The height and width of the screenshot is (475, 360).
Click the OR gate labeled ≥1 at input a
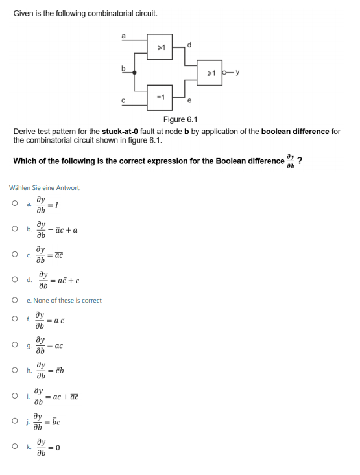click(x=162, y=47)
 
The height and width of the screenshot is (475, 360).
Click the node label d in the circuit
click(x=189, y=44)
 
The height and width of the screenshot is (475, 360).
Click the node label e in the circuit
click(x=189, y=100)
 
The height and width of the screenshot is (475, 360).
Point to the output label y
click(x=239, y=71)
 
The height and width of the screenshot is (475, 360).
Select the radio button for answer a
click(x=14, y=203)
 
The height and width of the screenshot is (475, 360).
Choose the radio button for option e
click(x=14, y=300)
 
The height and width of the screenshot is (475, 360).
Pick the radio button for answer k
click(x=14, y=447)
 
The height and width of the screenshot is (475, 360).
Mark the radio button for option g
click(x=14, y=345)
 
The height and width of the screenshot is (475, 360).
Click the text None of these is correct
click(x=67, y=300)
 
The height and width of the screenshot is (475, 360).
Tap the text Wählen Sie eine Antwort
click(x=45, y=188)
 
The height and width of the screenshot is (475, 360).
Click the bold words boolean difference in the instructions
click(x=295, y=131)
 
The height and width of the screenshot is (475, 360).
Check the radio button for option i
click(x=14, y=395)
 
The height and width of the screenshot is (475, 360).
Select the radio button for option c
click(x=14, y=253)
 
